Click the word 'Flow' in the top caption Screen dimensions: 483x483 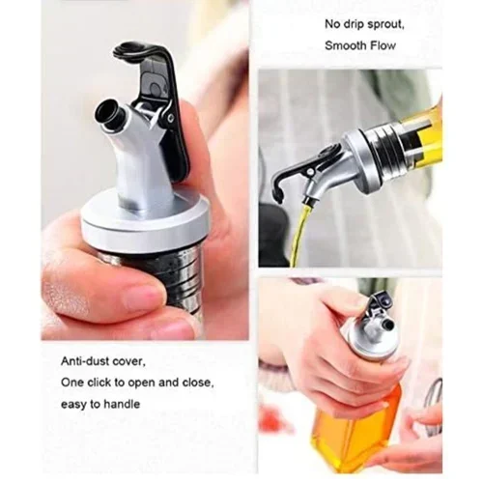(x=383, y=45)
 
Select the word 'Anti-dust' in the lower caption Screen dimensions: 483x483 (x=85, y=361)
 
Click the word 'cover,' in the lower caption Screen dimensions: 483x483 (x=129, y=362)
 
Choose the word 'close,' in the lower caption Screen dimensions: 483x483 (x=198, y=383)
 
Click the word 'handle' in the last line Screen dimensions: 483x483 (x=122, y=404)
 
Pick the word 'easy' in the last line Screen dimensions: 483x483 (x=73, y=405)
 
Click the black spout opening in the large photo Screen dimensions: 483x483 (x=104, y=113)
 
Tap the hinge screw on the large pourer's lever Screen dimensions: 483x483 (x=170, y=118)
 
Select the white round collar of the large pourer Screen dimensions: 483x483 (x=144, y=222)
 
